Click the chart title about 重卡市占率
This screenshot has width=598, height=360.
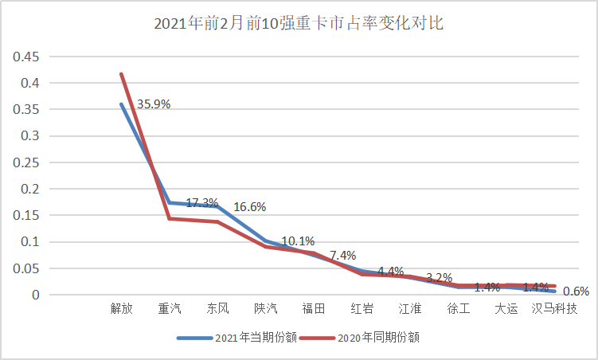299,24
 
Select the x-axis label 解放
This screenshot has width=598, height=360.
120,308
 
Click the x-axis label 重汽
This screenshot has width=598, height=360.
169,308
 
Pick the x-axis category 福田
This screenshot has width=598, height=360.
313,308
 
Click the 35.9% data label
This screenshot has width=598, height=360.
154,104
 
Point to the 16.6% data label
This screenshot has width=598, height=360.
249,207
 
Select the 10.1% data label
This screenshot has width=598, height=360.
298,241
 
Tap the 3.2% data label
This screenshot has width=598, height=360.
440,277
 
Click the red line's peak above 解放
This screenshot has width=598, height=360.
121,73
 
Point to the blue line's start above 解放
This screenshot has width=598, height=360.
121,104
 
